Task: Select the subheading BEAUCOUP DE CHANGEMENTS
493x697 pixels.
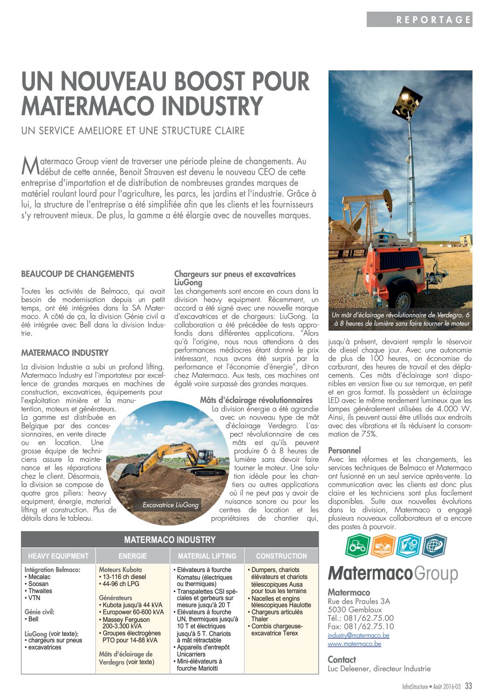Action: tap(77, 274)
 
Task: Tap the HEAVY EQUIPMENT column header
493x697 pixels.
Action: tap(58, 556)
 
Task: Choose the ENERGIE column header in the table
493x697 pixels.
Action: tap(133, 556)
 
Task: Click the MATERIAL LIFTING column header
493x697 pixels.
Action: tap(207, 556)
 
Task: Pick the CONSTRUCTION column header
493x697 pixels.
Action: tap(281, 556)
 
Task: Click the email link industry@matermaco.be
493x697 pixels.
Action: tap(358, 635)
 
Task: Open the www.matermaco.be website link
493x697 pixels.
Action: tap(354, 644)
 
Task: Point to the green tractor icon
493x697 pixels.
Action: tap(358, 546)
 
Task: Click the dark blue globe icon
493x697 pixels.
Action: tap(434, 546)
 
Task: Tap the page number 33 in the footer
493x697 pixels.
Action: tap(469, 686)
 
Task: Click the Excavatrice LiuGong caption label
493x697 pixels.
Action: tap(171, 505)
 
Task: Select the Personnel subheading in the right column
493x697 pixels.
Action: tap(344, 451)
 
